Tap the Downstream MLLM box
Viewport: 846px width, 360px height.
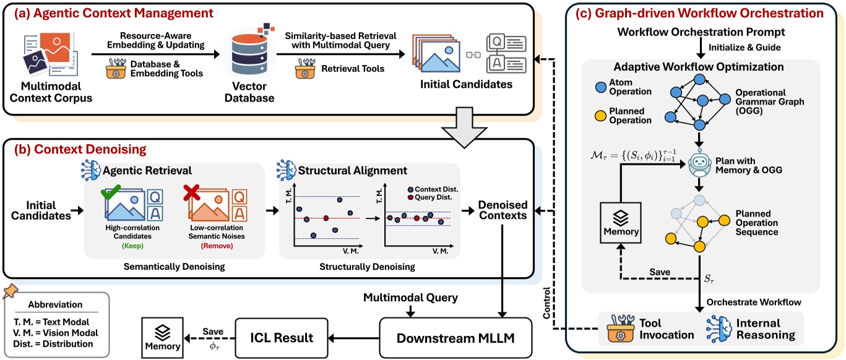pos(456,338)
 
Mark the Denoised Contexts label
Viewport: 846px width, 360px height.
pos(502,210)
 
